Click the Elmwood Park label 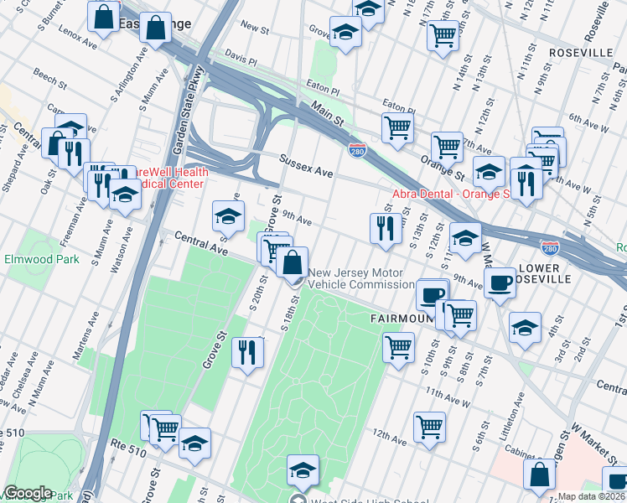click(43, 259)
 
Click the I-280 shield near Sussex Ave click(355, 149)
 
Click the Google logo click(28, 493)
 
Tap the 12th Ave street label click(390, 435)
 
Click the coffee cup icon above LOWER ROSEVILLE click(500, 283)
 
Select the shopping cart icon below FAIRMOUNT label click(399, 346)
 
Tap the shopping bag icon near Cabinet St click(539, 474)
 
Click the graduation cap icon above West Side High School click(303, 470)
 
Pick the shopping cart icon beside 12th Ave click(430, 425)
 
